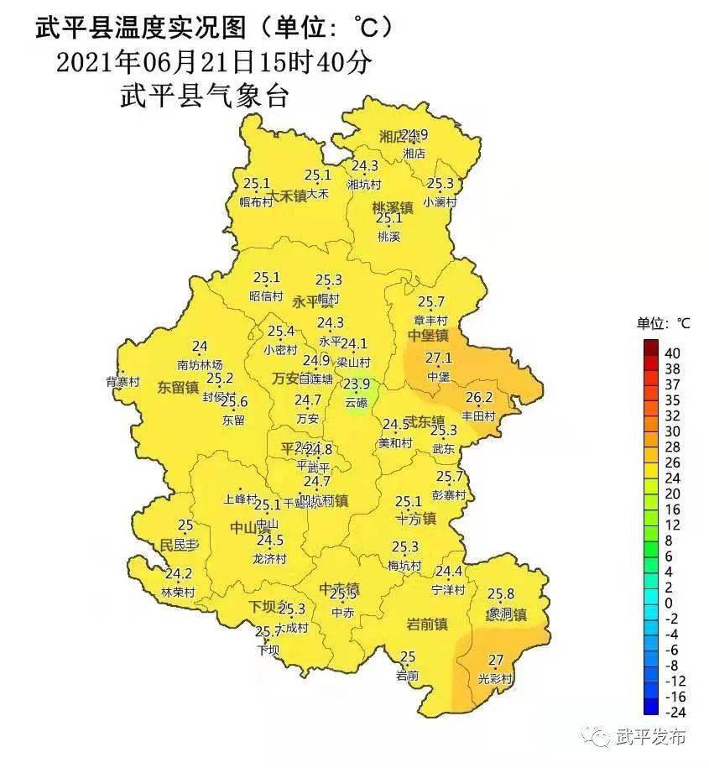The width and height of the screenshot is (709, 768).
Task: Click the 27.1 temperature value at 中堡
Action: (x=438, y=358)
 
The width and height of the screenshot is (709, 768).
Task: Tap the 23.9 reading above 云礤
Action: (x=357, y=384)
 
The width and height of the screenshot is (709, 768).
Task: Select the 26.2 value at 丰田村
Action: (x=479, y=397)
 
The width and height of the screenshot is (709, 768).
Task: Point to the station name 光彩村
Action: (x=494, y=678)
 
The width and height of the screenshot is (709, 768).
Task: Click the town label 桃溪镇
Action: (x=393, y=207)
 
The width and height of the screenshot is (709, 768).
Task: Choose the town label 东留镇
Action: (x=177, y=388)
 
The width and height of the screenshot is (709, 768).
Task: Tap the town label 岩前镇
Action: (x=426, y=624)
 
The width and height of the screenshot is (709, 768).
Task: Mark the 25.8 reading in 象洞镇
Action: (x=500, y=594)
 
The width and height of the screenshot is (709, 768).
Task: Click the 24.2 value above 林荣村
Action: (x=178, y=574)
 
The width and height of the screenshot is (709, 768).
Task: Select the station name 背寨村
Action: (x=123, y=381)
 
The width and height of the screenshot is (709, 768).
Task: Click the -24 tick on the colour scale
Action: (x=675, y=713)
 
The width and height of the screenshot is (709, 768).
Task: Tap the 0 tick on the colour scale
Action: (x=669, y=603)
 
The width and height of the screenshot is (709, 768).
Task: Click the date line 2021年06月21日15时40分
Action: (x=212, y=62)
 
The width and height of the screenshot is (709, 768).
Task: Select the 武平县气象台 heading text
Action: (x=205, y=96)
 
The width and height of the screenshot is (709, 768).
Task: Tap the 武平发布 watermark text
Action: (x=651, y=736)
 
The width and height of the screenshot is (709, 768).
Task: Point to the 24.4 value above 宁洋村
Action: (x=448, y=572)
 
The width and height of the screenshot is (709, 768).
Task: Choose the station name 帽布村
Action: (x=257, y=201)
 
